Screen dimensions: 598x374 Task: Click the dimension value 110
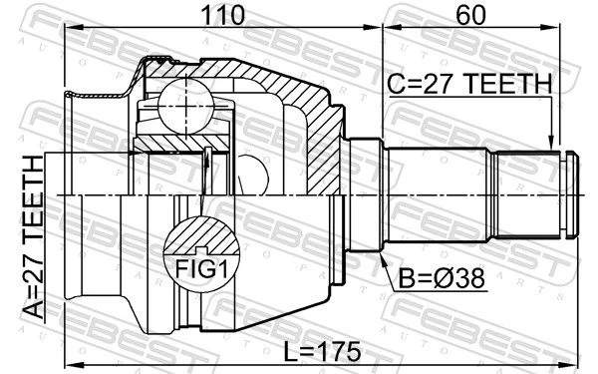coord(222,15)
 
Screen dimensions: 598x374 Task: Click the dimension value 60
coord(470,15)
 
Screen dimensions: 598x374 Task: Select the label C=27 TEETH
coord(469,84)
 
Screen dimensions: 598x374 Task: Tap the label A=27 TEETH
coord(34,236)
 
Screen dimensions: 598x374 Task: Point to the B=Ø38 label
coord(442,278)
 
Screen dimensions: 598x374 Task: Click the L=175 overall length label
coord(323,351)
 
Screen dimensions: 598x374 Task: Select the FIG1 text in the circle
coord(201,269)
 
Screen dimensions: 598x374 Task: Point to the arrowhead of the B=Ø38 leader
coord(384,259)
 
